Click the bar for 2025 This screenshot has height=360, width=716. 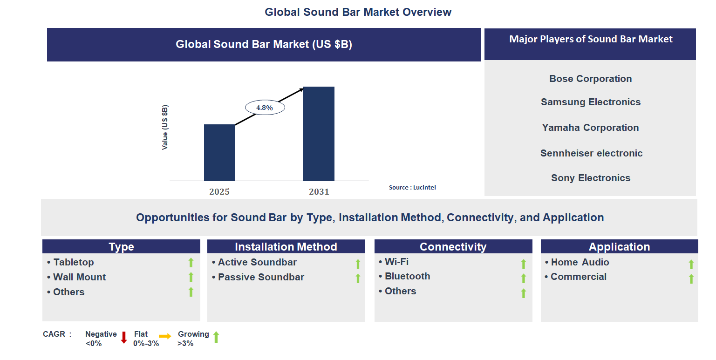tap(219, 152)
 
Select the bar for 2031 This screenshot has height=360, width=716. tap(319, 134)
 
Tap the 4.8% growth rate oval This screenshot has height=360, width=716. tap(265, 108)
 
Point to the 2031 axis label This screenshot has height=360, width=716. tap(319, 191)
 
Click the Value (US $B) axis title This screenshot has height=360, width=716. tap(165, 127)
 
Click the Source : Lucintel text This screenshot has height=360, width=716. tap(412, 187)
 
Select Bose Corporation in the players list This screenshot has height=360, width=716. tap(590, 79)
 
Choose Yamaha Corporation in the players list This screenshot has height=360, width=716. tap(590, 128)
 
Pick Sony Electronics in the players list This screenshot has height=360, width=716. tap(590, 178)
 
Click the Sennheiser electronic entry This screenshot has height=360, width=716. tap(591, 153)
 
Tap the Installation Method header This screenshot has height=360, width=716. tap(286, 247)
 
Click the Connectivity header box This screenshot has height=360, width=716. tap(453, 247)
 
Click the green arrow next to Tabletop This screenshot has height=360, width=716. tap(191, 263)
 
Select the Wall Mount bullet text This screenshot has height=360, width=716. tap(79, 277)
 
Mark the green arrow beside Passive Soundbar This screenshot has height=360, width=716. tap(358, 278)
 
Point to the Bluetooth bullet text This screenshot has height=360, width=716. tap(407, 276)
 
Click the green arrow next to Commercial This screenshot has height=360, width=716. tap(691, 278)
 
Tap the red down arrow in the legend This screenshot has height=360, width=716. tap(124, 337)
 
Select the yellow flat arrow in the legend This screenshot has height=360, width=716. tap(165, 336)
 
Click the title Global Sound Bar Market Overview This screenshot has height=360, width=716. tap(358, 12)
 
